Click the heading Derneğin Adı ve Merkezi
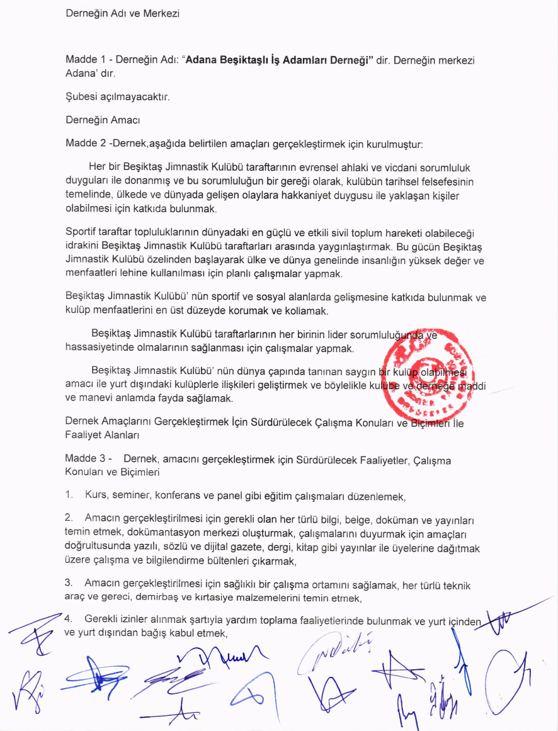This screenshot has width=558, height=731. point(122,13)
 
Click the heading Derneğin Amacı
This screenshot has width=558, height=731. point(103,120)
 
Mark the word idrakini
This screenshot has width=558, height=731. point(84,243)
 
